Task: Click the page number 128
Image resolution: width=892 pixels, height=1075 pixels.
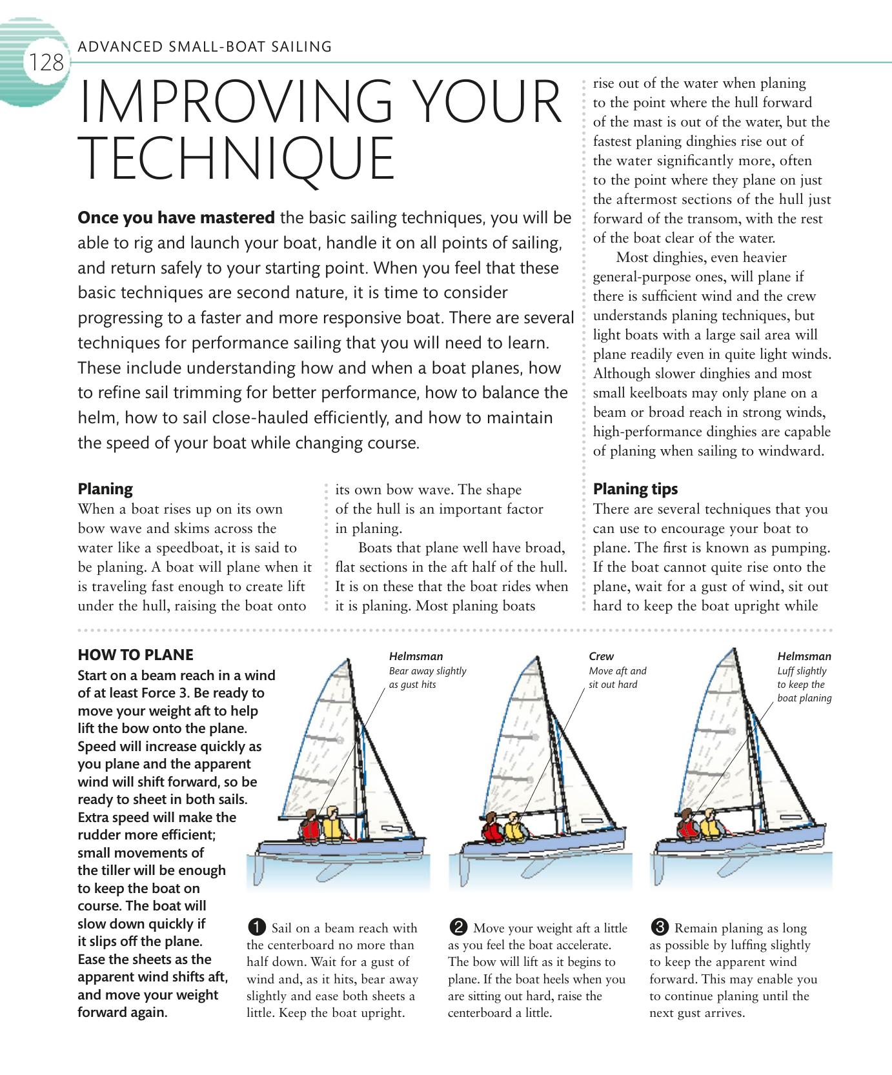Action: point(45,63)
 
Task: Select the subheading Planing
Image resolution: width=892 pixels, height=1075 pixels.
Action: point(105,488)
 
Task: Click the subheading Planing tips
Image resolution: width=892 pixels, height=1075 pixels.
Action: point(635,488)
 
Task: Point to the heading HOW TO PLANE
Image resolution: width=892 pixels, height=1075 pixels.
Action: point(135,655)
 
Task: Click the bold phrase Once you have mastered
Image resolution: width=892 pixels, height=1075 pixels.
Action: point(176,218)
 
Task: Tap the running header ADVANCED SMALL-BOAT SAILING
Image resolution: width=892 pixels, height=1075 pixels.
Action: point(204,46)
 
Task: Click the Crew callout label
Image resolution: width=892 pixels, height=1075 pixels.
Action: point(601,656)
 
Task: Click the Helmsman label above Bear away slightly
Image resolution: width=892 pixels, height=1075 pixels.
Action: point(416,656)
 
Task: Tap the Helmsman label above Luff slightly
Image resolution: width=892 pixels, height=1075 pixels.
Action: point(804,656)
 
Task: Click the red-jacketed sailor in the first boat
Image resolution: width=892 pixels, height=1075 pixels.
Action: point(310,827)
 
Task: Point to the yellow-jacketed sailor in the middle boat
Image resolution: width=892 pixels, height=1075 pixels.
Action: point(513,829)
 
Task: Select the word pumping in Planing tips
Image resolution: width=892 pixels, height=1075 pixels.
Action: point(800,548)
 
